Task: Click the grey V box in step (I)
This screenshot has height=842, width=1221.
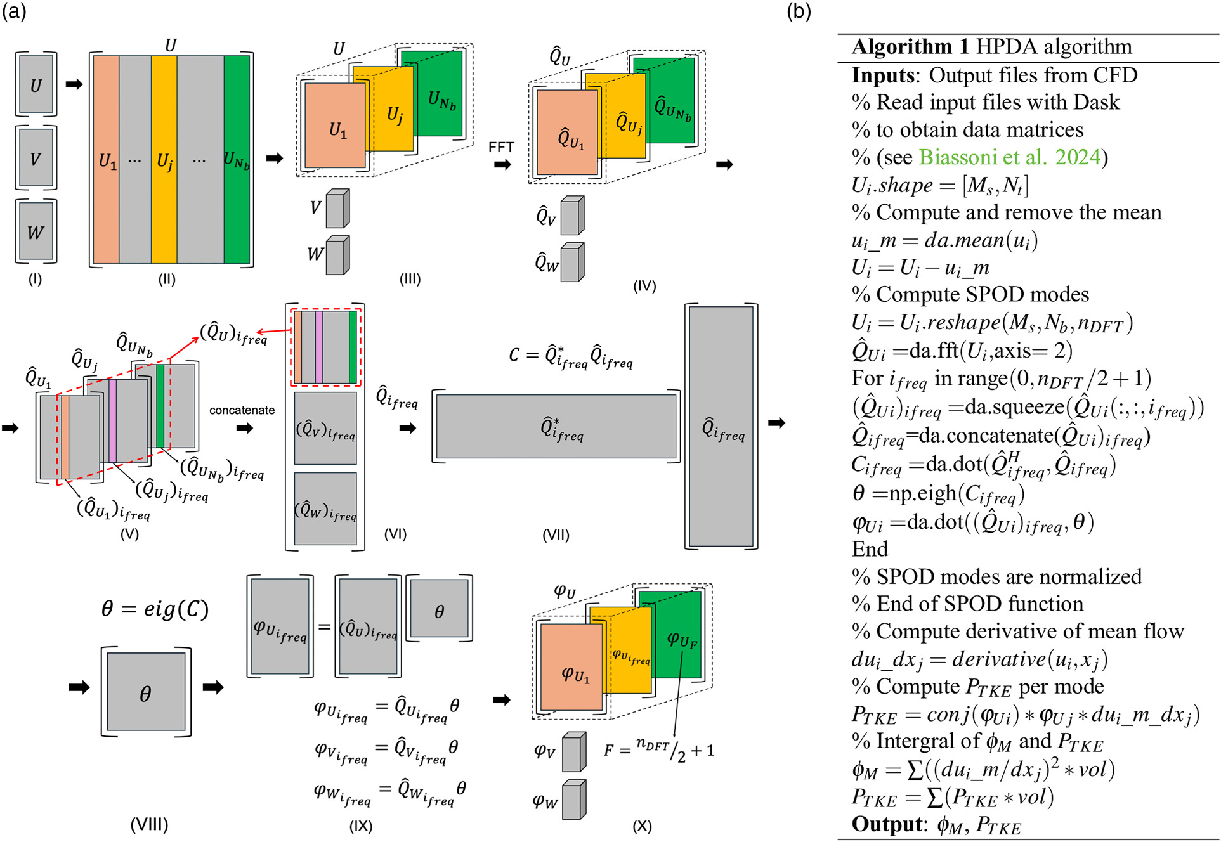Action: (x=36, y=158)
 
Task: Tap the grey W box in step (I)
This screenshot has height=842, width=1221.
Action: (x=36, y=231)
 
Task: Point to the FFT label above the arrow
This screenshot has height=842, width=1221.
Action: (x=501, y=147)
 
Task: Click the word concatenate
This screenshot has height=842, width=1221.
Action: (x=242, y=410)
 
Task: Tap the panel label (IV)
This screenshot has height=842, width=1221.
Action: (x=644, y=286)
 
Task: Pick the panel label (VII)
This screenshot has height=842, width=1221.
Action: (x=556, y=535)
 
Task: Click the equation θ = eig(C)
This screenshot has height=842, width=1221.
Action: (x=155, y=609)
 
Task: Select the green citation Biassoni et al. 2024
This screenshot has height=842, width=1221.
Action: (x=1010, y=157)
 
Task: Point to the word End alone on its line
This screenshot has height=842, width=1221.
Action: (x=870, y=549)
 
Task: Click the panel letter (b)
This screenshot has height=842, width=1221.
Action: (x=799, y=11)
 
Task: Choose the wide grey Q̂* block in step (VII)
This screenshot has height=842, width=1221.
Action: (x=556, y=427)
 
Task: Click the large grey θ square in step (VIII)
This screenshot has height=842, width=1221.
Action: (x=146, y=692)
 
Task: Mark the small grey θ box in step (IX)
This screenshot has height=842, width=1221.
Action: (x=439, y=609)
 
